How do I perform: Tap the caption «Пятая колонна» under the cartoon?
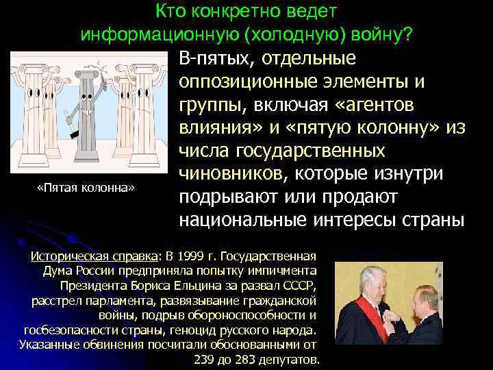point(85,187)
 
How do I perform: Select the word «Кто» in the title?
point(170,12)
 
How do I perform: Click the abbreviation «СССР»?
point(301,284)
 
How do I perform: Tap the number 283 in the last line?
point(246,360)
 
